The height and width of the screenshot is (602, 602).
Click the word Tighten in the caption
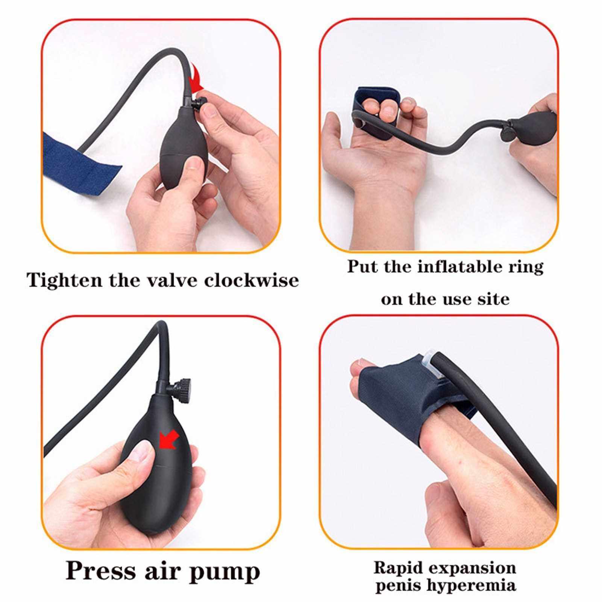[65, 281]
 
